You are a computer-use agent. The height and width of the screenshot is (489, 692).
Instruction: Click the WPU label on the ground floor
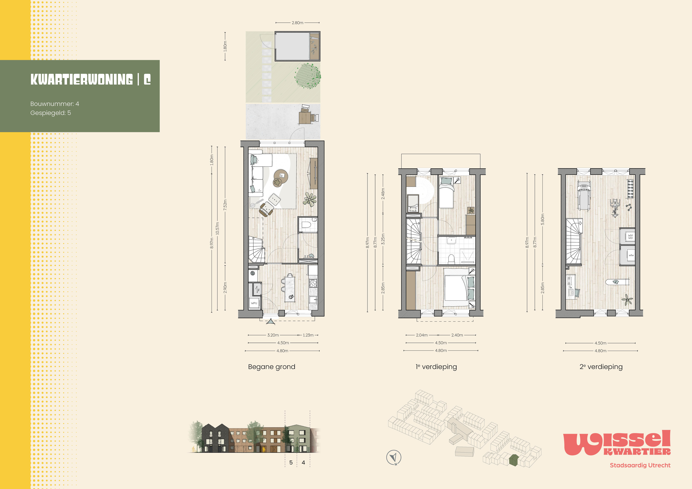[254, 303]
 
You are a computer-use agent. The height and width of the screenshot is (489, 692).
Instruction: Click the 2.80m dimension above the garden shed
[297, 23]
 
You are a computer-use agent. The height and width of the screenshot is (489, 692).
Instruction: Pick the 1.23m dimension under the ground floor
[308, 335]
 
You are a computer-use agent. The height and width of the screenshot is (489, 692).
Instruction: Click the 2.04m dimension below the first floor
[422, 335]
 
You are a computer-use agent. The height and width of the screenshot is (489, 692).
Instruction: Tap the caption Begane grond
[272, 367]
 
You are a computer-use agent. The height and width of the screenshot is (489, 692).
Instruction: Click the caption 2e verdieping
[601, 367]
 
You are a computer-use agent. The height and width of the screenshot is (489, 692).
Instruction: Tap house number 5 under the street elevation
[291, 463]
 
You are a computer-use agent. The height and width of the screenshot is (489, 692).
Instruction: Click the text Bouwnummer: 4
[55, 104]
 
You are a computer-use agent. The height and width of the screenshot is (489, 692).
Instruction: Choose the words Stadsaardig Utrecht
[640, 465]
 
